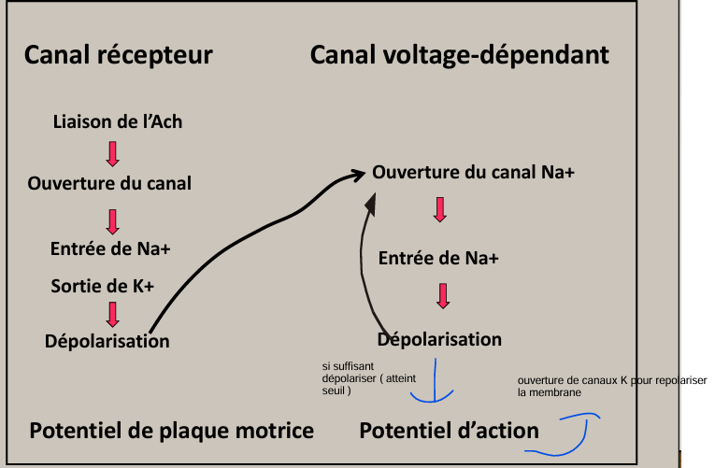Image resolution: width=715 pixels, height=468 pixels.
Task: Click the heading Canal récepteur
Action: tap(118, 55)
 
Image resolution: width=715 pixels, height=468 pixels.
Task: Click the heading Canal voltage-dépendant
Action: tap(459, 55)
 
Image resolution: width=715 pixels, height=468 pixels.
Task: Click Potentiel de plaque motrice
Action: tap(171, 431)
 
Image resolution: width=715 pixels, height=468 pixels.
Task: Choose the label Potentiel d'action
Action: tap(449, 431)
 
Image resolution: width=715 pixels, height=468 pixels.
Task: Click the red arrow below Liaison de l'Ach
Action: tap(112, 151)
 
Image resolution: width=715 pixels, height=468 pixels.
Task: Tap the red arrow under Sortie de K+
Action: tap(112, 313)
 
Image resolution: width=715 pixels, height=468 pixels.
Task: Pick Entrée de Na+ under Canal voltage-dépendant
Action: tap(438, 259)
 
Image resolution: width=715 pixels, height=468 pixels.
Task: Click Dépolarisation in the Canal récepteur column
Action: tap(107, 341)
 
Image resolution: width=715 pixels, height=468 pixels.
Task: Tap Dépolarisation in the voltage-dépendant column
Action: tap(439, 339)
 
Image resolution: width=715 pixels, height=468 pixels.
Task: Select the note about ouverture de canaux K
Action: tap(611, 387)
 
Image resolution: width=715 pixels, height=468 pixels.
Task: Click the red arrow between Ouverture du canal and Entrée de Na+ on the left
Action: tap(112, 220)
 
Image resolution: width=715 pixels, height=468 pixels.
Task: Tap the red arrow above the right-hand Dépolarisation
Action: tap(443, 295)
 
